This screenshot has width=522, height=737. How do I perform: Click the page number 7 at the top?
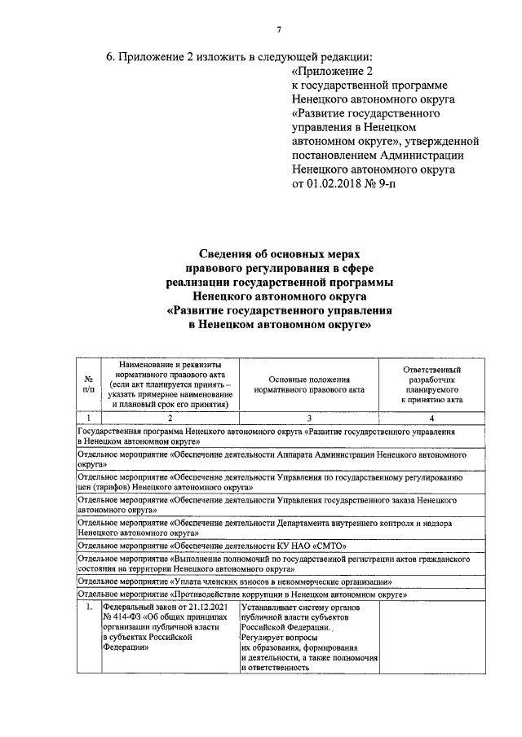coord(278,31)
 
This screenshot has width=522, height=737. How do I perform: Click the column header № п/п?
coord(88,384)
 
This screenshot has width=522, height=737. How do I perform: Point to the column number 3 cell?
coord(309,417)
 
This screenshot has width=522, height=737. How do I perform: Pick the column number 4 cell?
coord(431,417)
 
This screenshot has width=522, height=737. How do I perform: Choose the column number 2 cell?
coord(169,417)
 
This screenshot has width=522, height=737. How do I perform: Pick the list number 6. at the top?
coord(112,57)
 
